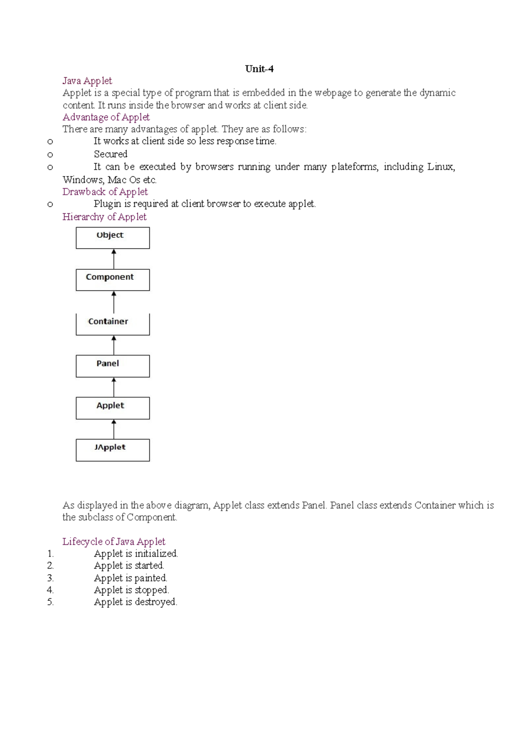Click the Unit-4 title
[x=259, y=69]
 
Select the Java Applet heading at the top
[x=87, y=81]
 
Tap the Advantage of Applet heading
[x=106, y=117]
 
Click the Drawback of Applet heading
[x=105, y=192]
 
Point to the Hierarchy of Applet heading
[x=104, y=217]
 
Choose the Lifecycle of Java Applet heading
[x=114, y=542]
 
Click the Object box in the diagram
[x=113, y=238]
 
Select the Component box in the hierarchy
[x=113, y=280]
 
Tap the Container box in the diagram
[x=113, y=324]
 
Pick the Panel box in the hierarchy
[x=113, y=366]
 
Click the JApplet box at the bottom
[x=113, y=450]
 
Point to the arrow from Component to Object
[x=114, y=259]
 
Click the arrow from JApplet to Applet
[x=114, y=429]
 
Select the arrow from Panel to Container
[x=114, y=345]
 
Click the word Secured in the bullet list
[x=111, y=155]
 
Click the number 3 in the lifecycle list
[x=50, y=578]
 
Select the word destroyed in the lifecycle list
[x=156, y=602]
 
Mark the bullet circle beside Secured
[x=50, y=155]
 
